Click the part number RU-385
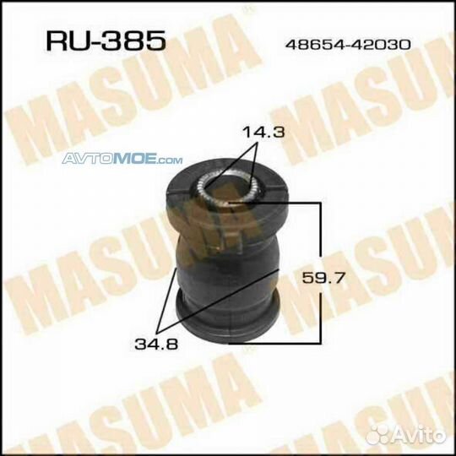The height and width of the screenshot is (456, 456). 106,41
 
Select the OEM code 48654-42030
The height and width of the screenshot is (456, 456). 348,45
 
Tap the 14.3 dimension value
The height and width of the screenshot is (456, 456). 263,133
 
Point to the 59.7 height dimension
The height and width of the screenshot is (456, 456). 323,278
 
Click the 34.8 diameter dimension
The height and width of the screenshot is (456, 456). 156,345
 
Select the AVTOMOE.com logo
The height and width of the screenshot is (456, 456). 122,159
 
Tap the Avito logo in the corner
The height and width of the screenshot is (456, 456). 406,435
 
